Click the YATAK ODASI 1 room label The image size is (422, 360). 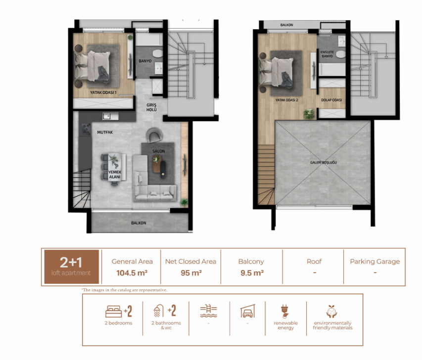pos(103,92)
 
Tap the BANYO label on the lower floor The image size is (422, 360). pos(145,61)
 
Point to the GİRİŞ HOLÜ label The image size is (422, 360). pos(151,107)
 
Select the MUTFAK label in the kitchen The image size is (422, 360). pos(105,132)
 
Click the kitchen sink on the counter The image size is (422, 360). pos(111,116)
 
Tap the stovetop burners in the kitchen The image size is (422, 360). pos(86,129)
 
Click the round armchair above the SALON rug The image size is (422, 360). pos(154,135)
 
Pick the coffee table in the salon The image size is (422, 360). pos(159,167)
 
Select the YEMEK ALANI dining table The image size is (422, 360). pos(115,168)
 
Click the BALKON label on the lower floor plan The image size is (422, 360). pos(139,223)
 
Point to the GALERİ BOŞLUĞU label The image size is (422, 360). pos(323,162)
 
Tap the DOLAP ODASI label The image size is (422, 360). pos(331,100)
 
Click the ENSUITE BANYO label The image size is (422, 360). pos(327,54)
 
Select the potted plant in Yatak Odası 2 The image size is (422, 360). pos(309,114)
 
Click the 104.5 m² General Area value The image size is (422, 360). pos(132,273)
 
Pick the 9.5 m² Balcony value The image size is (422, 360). pos(252,273)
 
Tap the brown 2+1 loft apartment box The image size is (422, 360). pos(72,267)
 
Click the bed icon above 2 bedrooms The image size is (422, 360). pos(113,312)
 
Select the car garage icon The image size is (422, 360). pos(247,311)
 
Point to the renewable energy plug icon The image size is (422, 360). pos(285,312)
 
